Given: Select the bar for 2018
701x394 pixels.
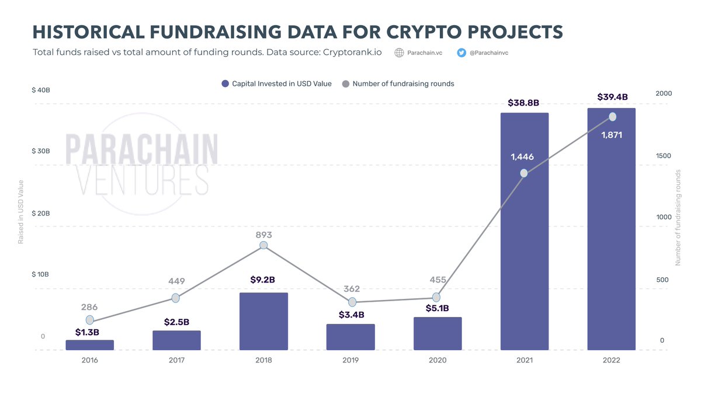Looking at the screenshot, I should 263,321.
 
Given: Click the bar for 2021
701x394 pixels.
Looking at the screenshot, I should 524,233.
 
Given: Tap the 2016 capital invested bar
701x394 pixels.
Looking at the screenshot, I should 89,345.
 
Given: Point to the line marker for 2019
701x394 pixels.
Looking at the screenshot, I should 352,302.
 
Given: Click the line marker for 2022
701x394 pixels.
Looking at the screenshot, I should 612,117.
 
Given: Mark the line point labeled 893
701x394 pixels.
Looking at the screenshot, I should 263,245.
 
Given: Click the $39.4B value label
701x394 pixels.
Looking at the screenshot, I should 612,97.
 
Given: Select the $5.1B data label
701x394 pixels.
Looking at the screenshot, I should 437,308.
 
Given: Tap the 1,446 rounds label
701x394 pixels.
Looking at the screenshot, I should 522,157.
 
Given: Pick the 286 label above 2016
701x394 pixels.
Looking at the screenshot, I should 89,307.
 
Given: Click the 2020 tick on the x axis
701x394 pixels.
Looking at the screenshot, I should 437,360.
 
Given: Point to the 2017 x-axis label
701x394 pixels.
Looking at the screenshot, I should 176,360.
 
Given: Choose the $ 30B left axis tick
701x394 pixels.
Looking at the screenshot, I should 41,151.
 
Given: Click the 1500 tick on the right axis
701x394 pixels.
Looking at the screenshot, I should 664,156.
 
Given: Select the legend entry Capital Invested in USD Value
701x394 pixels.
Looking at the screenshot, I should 276,84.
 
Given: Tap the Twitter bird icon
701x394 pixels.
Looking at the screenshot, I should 461,53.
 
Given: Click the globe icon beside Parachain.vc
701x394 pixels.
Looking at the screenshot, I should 400,53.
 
